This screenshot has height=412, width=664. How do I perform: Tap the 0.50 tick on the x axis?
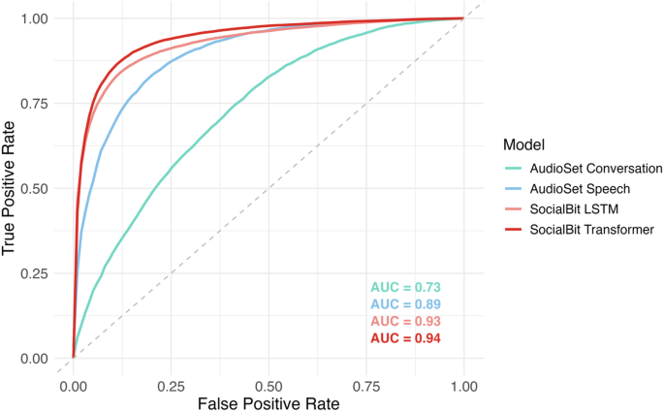[269, 384]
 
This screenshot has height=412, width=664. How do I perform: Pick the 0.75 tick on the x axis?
[365, 384]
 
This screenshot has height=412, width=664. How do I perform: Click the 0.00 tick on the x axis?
[74, 384]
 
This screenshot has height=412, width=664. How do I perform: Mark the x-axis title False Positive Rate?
[269, 402]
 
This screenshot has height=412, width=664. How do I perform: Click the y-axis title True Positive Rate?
[11, 188]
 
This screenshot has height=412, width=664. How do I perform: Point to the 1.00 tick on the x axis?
[463, 384]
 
